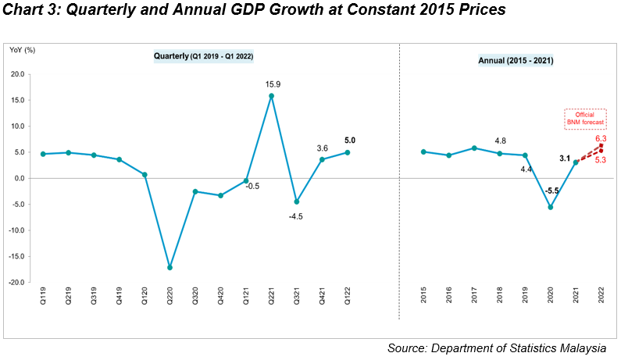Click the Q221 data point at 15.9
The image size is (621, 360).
(271, 96)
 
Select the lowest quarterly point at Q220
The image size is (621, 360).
(170, 267)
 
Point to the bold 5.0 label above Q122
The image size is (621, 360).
(350, 141)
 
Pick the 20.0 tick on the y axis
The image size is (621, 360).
(17, 74)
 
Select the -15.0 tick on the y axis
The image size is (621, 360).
(16, 256)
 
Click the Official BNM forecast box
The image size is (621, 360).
(585, 119)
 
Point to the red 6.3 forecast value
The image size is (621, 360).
(601, 139)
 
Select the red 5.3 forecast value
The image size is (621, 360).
(601, 160)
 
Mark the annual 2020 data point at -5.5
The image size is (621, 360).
(551, 207)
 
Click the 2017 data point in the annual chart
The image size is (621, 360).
(474, 148)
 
